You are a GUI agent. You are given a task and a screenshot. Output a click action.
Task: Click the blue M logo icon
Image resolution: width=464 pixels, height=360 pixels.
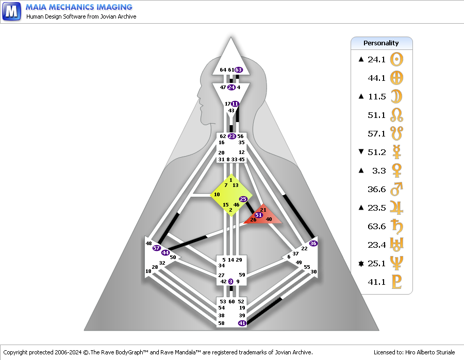point(11,11)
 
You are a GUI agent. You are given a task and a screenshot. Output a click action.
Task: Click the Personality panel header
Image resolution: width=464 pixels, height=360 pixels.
point(382,43)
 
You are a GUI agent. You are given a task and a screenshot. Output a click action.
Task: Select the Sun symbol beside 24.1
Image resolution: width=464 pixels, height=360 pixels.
point(397,59)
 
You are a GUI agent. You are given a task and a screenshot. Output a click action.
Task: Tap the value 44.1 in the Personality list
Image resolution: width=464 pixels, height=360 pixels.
point(377,78)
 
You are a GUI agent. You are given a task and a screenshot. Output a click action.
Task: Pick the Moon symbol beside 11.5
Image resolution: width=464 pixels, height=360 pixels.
point(397,96)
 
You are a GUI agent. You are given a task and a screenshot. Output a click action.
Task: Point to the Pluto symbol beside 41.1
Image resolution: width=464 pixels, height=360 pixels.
point(397,282)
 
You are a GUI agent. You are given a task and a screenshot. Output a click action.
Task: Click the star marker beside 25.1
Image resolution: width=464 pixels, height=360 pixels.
point(361,264)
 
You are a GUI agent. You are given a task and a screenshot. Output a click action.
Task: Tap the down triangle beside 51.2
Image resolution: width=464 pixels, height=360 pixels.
point(361,152)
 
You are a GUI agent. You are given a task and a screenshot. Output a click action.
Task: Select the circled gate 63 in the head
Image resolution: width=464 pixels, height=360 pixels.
point(239,70)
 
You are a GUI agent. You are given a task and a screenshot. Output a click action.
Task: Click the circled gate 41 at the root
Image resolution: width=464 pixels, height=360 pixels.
point(242,323)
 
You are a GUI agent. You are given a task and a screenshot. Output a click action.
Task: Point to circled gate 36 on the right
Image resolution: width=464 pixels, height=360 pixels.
point(313,243)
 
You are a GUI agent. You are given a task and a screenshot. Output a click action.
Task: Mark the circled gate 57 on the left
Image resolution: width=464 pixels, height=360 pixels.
point(157,248)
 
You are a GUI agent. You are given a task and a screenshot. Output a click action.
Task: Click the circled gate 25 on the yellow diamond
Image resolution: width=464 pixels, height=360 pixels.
point(243,199)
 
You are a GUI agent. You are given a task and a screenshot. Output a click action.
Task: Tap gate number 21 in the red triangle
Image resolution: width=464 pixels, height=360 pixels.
point(263,210)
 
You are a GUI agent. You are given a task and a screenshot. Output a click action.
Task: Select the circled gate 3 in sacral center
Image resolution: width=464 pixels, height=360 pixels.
point(230,281)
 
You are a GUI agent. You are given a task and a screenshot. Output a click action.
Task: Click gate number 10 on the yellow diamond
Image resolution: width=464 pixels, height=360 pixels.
point(217,194)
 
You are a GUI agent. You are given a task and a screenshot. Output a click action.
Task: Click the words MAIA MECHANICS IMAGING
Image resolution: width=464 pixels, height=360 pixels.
point(79,7)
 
